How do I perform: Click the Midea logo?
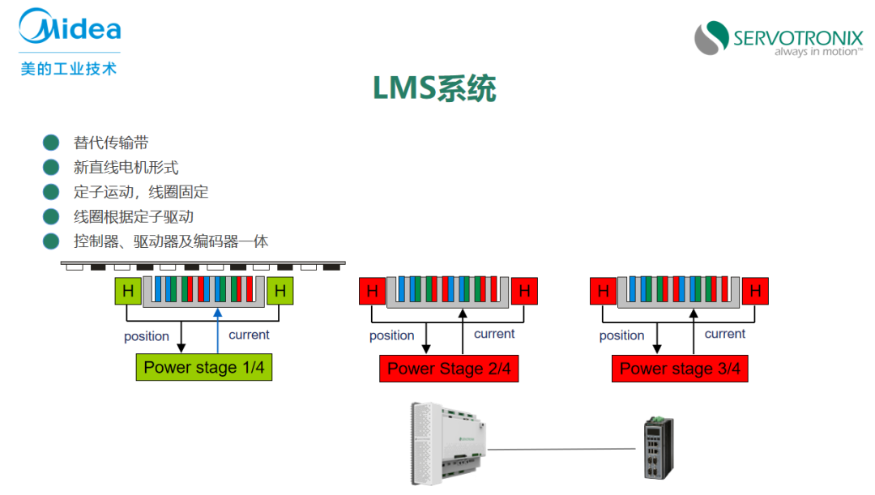click(70, 29)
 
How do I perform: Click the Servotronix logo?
click(778, 39)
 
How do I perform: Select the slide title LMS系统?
click(434, 88)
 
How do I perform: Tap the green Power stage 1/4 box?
click(203, 368)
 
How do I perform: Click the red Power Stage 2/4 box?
click(448, 369)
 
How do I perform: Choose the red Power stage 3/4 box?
click(680, 369)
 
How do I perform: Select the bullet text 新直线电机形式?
click(126, 168)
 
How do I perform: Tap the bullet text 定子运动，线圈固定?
click(141, 192)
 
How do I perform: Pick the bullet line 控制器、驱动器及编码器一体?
click(171, 241)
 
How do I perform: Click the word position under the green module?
click(147, 336)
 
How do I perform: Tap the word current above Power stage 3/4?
click(725, 334)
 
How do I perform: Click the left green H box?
click(127, 291)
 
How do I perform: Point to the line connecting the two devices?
click(562, 448)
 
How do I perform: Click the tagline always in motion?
click(817, 52)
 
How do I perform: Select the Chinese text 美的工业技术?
click(69, 68)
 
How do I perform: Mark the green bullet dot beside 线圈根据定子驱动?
click(52, 216)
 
